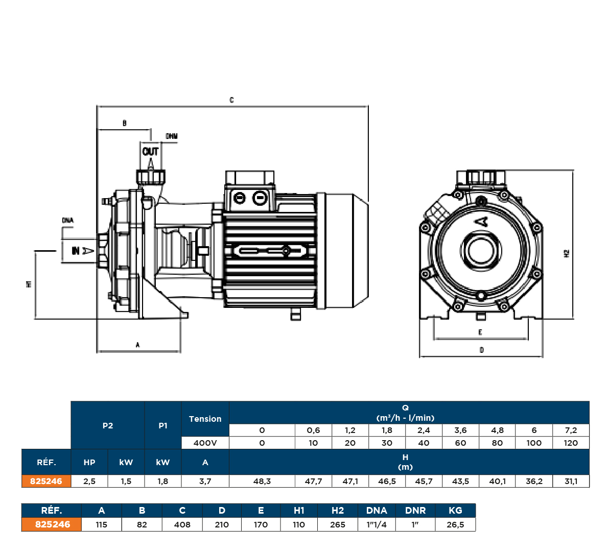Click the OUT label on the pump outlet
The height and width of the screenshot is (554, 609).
[150, 152]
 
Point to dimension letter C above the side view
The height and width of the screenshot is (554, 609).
[231, 100]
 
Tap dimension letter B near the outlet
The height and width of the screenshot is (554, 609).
[124, 123]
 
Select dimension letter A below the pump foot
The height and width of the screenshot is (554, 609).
[137, 345]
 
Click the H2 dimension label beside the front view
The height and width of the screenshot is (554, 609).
[566, 253]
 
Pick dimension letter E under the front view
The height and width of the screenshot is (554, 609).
[480, 332]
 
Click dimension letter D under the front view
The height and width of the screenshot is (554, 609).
[481, 350]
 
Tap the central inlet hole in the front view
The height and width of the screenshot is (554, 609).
[481, 250]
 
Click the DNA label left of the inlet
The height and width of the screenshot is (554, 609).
[68, 221]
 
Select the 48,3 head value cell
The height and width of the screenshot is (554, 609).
[262, 481]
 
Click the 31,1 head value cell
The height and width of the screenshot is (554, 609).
[571, 481]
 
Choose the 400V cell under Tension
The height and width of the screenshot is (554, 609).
[205, 443]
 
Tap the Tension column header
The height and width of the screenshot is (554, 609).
[205, 419]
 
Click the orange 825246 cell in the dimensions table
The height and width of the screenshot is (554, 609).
[52, 524]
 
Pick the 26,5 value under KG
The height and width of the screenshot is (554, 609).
[455, 524]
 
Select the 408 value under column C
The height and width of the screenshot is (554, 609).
[182, 524]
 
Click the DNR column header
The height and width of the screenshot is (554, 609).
[415, 510]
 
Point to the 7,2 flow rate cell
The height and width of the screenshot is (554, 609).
[571, 430]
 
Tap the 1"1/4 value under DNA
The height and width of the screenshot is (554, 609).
[377, 524]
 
